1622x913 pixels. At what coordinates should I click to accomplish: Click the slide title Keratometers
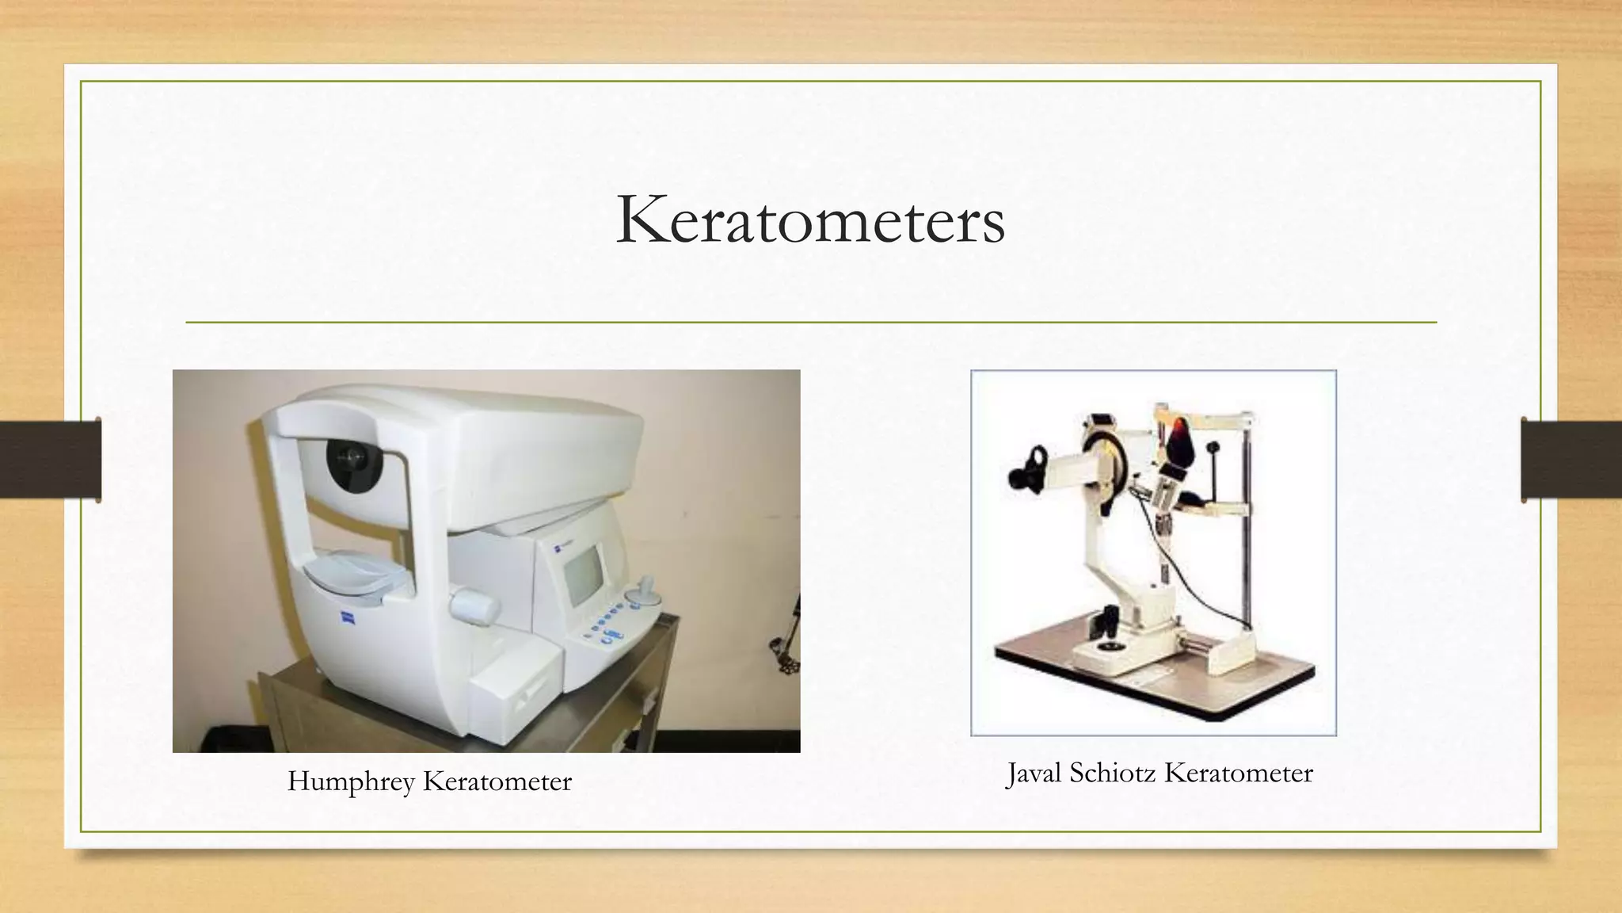pos(810,220)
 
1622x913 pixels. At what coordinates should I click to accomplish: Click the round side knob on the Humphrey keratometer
pos(476,609)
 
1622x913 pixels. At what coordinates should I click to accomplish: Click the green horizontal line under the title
pos(810,323)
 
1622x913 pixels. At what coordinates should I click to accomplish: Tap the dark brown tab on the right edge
pos(1571,460)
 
